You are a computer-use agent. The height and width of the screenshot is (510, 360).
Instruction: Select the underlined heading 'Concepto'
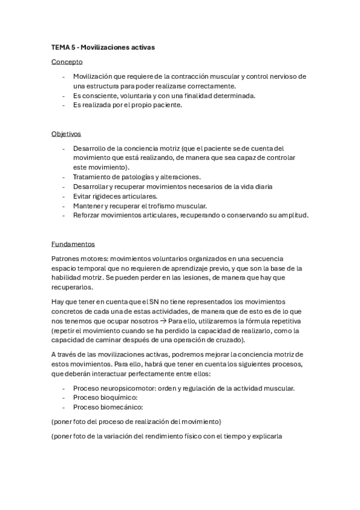click(x=67, y=61)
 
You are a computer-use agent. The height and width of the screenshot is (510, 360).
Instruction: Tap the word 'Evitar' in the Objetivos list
click(x=84, y=196)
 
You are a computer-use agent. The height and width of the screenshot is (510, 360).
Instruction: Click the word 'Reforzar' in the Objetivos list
click(x=88, y=215)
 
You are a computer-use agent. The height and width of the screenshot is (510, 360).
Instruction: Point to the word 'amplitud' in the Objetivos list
click(x=291, y=215)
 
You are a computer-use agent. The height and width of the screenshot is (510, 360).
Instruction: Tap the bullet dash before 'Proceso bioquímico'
click(x=64, y=398)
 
